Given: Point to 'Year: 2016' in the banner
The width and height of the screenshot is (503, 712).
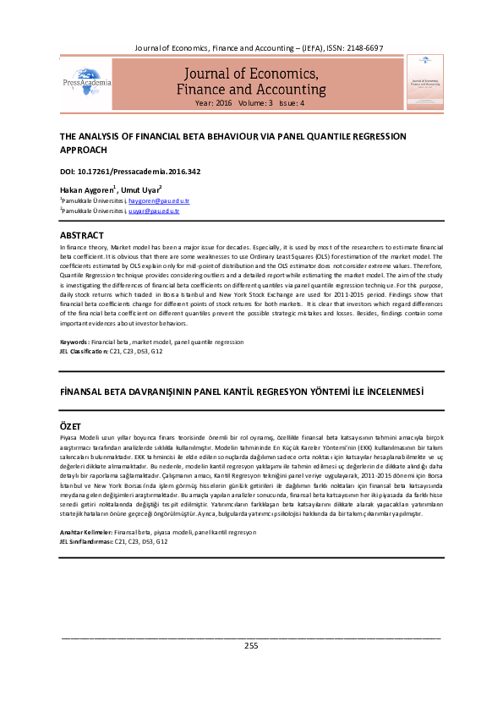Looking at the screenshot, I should pyautogui.click(x=213, y=102).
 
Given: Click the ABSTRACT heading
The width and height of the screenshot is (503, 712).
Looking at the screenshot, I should pyautogui.click(x=82, y=234).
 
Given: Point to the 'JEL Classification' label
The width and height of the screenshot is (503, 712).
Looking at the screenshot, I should pyautogui.click(x=84, y=350).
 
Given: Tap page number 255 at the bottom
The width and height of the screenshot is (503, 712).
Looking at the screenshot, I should pyautogui.click(x=251, y=645).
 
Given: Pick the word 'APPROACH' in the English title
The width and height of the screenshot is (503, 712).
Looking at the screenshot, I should pyautogui.click(x=83, y=149).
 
